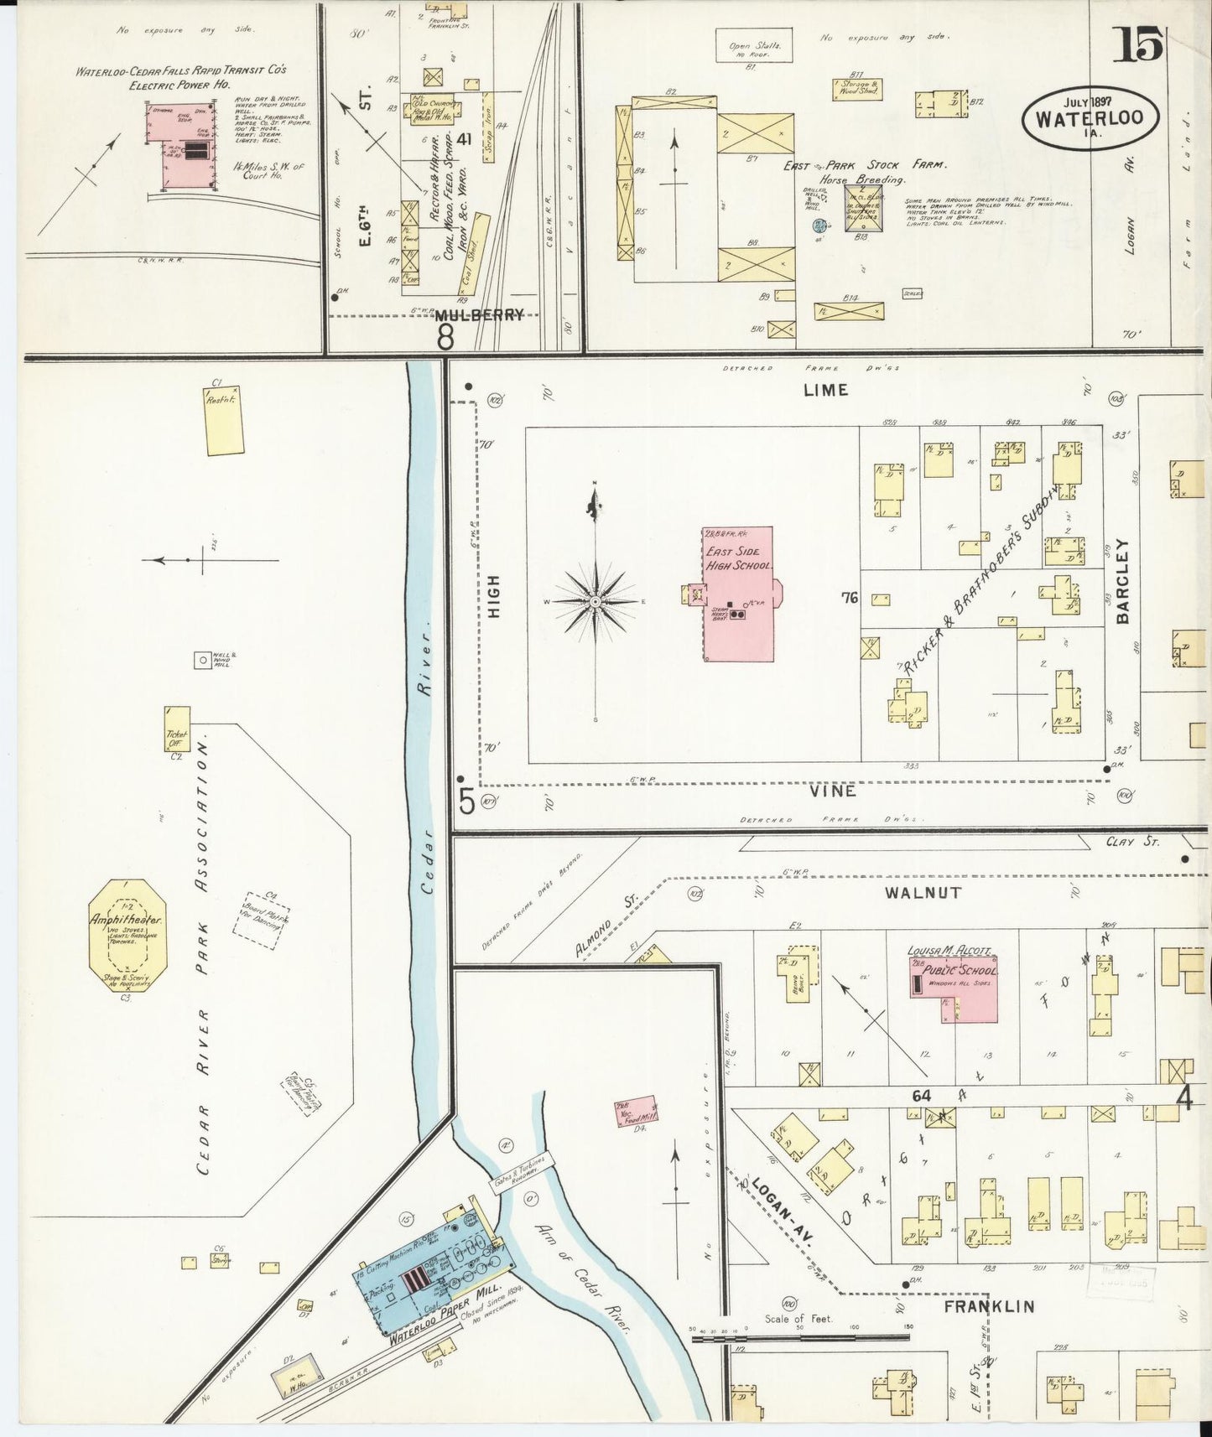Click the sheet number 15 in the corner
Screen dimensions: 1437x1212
(1138, 44)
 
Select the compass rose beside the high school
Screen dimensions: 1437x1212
(595, 601)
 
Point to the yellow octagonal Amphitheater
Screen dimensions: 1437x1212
(127, 934)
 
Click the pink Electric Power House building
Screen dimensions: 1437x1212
(185, 151)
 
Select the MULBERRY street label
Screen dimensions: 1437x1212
(479, 314)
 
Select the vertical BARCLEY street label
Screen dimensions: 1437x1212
(1123, 583)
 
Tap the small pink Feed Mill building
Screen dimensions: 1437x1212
(635, 1113)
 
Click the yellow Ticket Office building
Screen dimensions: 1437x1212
(178, 729)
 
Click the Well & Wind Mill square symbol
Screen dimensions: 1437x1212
(202, 660)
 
